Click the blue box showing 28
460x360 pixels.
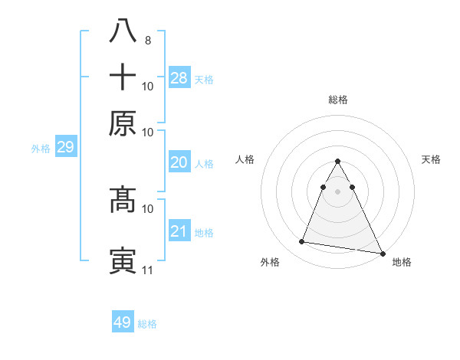click(179, 77)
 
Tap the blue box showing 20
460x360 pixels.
click(179, 162)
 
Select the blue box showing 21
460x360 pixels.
click(179, 231)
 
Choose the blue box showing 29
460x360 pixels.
click(65, 147)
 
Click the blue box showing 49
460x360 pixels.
click(123, 322)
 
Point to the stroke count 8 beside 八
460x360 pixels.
click(147, 40)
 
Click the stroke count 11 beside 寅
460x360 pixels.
click(147, 270)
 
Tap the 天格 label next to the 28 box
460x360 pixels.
click(204, 79)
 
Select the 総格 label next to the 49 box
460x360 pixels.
click(147, 324)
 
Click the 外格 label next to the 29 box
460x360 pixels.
click(41, 149)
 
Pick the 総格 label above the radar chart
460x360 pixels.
click(337, 100)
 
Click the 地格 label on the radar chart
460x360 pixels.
click(402, 262)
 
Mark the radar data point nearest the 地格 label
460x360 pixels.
click(382, 254)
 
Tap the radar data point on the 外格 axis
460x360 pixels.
click(302, 242)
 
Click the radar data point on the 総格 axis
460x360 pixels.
click(337, 162)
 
